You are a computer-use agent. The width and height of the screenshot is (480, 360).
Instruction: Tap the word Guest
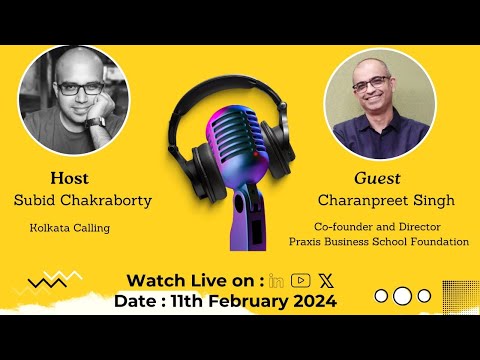click(x=377, y=178)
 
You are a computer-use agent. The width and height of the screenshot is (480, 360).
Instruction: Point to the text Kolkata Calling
click(x=70, y=228)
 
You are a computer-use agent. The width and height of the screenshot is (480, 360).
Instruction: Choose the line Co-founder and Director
click(x=378, y=226)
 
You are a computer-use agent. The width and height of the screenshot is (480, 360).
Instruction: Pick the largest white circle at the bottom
click(x=402, y=296)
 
